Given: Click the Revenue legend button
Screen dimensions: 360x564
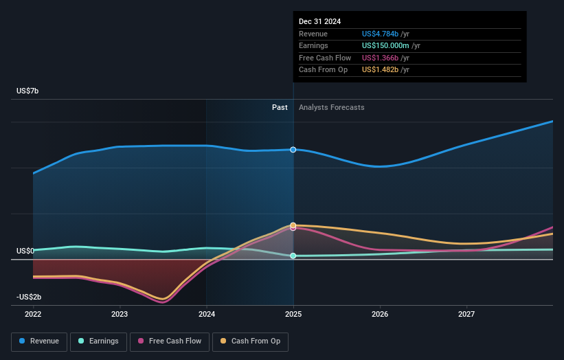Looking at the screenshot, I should (40, 341).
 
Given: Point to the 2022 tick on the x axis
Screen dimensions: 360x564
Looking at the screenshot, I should (33, 315).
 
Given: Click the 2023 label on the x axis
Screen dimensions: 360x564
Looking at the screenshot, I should (120, 315).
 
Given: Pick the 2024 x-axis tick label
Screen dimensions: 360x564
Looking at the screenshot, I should (207, 315).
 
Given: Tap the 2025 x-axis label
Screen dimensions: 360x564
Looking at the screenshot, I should (293, 315).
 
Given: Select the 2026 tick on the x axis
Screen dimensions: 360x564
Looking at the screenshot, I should (380, 315).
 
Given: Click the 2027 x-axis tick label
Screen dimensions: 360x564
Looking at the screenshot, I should (466, 315).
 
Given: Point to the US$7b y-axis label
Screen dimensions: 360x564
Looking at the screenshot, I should (28, 91).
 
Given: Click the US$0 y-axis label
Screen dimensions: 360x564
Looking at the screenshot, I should (26, 251).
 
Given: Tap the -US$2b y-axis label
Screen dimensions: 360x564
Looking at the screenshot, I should (30, 297).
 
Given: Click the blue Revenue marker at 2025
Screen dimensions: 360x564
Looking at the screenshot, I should (293, 150).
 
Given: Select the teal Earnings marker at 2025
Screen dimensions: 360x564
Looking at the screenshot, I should (293, 256).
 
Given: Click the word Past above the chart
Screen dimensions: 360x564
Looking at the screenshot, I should (280, 107).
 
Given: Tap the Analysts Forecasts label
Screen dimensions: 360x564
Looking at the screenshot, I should (331, 107).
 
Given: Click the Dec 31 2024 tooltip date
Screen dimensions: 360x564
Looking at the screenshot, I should (320, 22).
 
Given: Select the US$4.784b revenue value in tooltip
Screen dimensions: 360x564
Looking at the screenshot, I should (385, 34).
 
